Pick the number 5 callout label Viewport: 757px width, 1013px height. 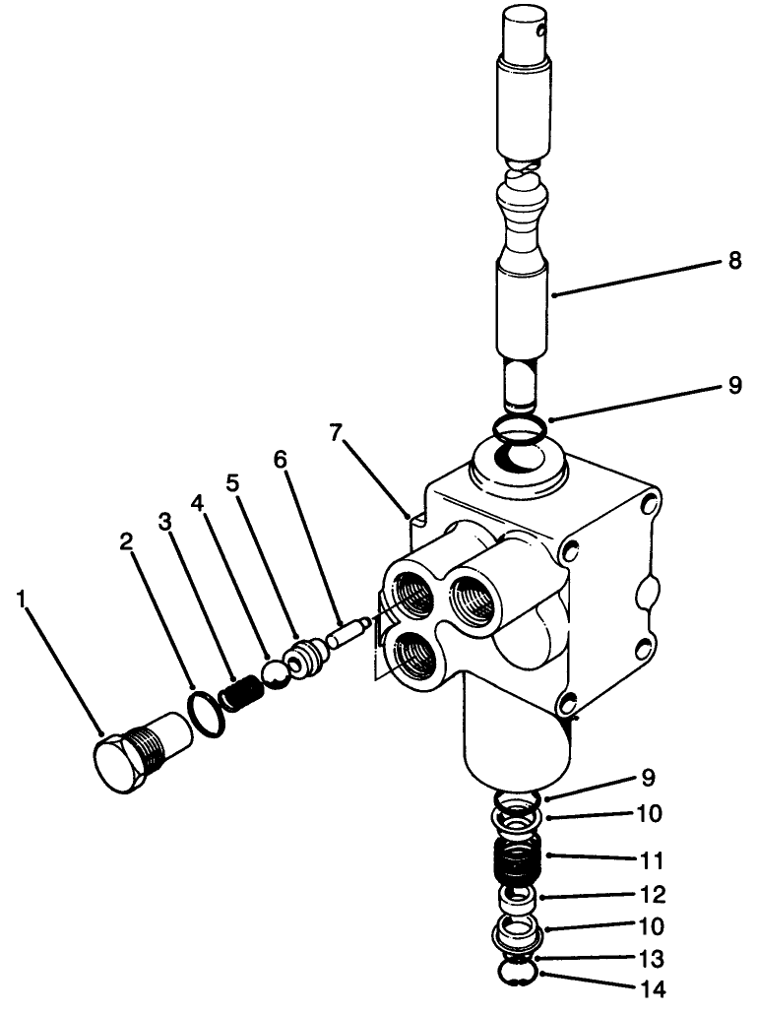click(233, 484)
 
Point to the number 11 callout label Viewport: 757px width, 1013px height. click(652, 859)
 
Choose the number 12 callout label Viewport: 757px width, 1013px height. click(652, 895)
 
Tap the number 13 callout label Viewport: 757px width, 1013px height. click(652, 958)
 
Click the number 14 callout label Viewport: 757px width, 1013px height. click(652, 988)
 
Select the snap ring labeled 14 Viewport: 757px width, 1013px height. click(517, 974)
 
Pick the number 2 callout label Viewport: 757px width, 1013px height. click(126, 541)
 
